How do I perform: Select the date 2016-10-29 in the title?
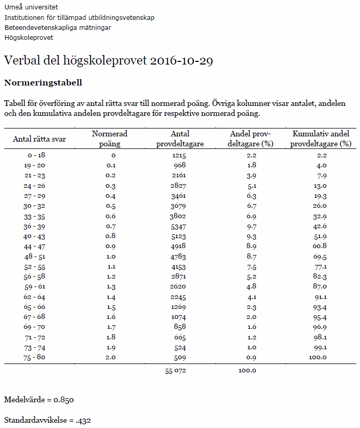pyautogui.click(x=181, y=61)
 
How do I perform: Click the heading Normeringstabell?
pyautogui.click(x=43, y=83)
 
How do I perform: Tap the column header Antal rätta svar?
pyautogui.click(x=39, y=139)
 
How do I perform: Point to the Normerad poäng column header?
pyautogui.click(x=110, y=139)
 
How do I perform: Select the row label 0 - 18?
pyautogui.click(x=37, y=156)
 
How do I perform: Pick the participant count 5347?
pyautogui.click(x=179, y=226)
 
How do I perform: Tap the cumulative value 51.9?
pyautogui.click(x=319, y=237)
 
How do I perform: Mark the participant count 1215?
pyautogui.click(x=179, y=156)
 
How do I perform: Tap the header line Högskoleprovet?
pyautogui.click(x=29, y=37)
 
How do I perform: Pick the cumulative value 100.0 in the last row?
pyautogui.click(x=317, y=358)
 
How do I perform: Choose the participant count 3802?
pyautogui.click(x=179, y=216)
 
